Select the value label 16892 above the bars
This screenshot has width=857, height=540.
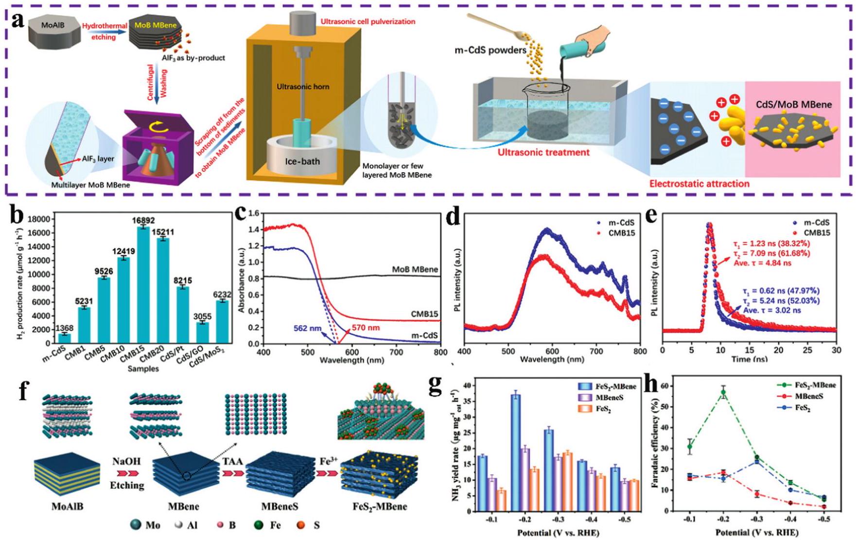(x=143, y=221)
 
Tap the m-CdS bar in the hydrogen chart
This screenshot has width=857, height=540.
(x=65, y=338)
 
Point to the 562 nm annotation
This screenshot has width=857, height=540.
(x=307, y=329)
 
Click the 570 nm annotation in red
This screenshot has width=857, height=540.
(x=365, y=328)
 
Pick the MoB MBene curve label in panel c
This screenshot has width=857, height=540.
(x=415, y=269)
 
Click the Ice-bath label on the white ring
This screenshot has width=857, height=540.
(x=302, y=161)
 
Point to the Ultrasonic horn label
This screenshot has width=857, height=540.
(x=303, y=87)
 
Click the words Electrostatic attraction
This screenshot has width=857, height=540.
(x=699, y=184)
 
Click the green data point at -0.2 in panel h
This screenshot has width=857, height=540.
(x=723, y=392)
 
